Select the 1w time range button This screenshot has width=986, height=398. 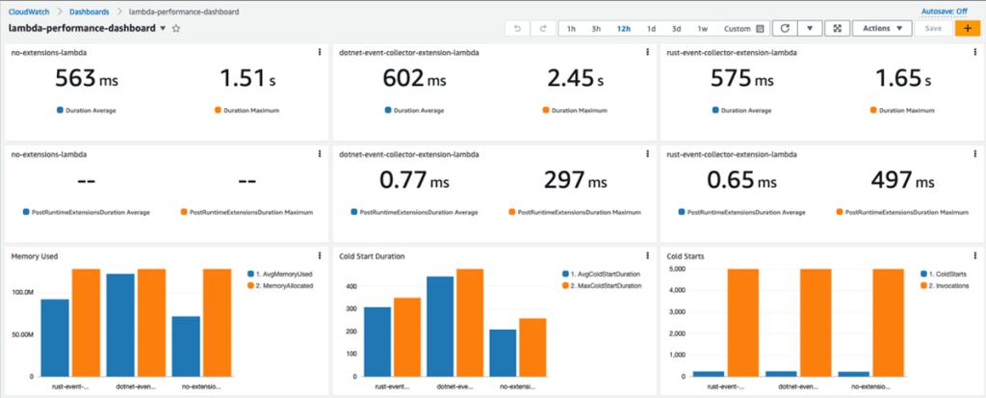click(x=702, y=29)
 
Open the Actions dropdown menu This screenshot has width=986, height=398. click(x=882, y=29)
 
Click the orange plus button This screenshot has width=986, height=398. click(x=966, y=29)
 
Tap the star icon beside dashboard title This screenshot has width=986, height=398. click(x=176, y=29)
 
